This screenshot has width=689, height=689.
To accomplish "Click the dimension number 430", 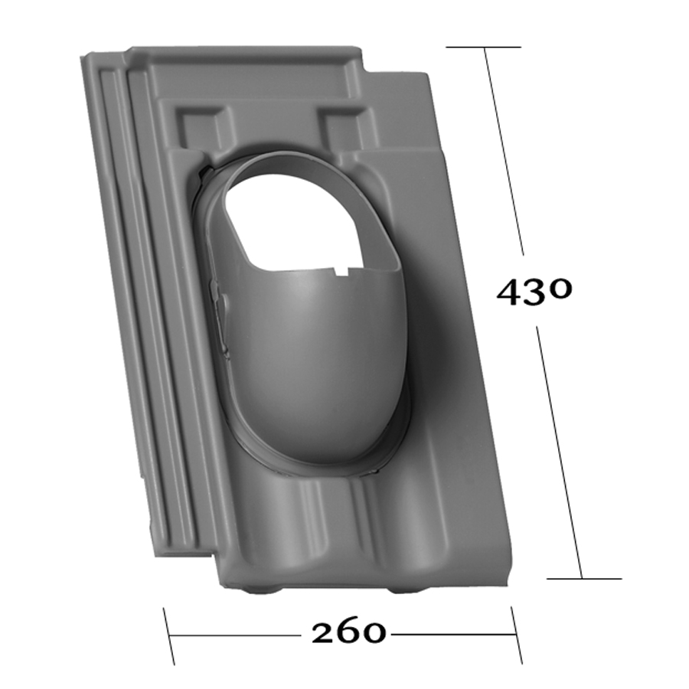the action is [x=534, y=291].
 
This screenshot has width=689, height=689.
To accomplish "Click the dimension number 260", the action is [x=348, y=633].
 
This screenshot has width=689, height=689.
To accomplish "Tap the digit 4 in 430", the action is [x=511, y=292].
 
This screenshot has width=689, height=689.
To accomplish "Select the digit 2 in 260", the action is [x=325, y=633].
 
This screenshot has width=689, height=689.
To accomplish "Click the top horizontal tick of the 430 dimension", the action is [x=483, y=47].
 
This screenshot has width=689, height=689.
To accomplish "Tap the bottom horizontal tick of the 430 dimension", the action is [x=584, y=579].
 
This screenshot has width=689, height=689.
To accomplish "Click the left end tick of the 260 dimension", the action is [x=168, y=636].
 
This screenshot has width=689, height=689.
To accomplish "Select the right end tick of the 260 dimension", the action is [x=516, y=635].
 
